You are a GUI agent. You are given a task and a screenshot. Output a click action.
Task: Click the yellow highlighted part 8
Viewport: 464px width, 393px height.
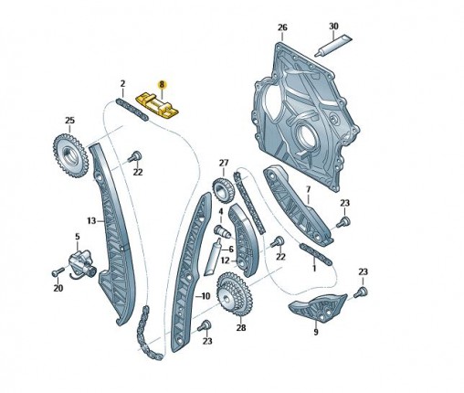click(x=158, y=105)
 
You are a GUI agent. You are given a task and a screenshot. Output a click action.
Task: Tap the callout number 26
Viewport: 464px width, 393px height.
click(x=282, y=27)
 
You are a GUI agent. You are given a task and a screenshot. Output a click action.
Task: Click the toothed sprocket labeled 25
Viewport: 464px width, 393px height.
click(x=70, y=155)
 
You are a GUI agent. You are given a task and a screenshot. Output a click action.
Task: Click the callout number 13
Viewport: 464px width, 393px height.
click(x=91, y=220)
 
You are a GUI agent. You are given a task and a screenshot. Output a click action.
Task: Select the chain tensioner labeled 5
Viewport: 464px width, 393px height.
click(x=81, y=262)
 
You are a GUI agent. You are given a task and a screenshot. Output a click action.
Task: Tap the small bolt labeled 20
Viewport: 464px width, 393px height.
click(x=58, y=271)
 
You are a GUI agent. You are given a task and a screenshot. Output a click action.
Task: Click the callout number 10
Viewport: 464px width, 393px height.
click(x=206, y=295)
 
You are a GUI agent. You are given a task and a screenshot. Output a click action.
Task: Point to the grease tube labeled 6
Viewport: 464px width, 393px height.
click(x=213, y=258)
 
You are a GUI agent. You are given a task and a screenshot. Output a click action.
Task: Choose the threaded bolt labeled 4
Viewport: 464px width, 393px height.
click(x=222, y=231)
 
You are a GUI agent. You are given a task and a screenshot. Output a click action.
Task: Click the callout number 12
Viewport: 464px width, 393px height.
click(x=225, y=260)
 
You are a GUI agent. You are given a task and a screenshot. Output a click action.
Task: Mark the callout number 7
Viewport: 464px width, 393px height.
click(x=308, y=190)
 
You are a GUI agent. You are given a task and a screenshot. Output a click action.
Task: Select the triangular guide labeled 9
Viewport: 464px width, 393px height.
click(x=317, y=307)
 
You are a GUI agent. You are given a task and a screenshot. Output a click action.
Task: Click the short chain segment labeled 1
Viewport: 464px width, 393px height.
click(x=315, y=254)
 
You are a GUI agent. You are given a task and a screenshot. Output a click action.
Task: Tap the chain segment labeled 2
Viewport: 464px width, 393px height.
click(x=132, y=109)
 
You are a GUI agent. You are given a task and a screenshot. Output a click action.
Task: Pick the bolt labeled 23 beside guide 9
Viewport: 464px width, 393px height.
click(x=361, y=292)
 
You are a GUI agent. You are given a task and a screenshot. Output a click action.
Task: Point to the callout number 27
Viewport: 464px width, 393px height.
click(x=224, y=163)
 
